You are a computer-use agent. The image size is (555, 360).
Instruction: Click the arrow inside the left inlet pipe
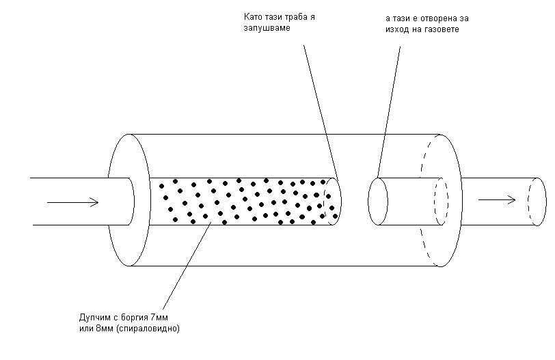point(74,202)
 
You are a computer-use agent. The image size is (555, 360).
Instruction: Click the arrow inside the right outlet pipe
point(496,199)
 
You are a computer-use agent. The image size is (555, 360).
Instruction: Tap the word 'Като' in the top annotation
point(252,16)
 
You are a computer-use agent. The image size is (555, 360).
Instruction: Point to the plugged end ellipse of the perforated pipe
point(332,201)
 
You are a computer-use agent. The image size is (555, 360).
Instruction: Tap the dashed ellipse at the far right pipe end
point(534,200)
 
